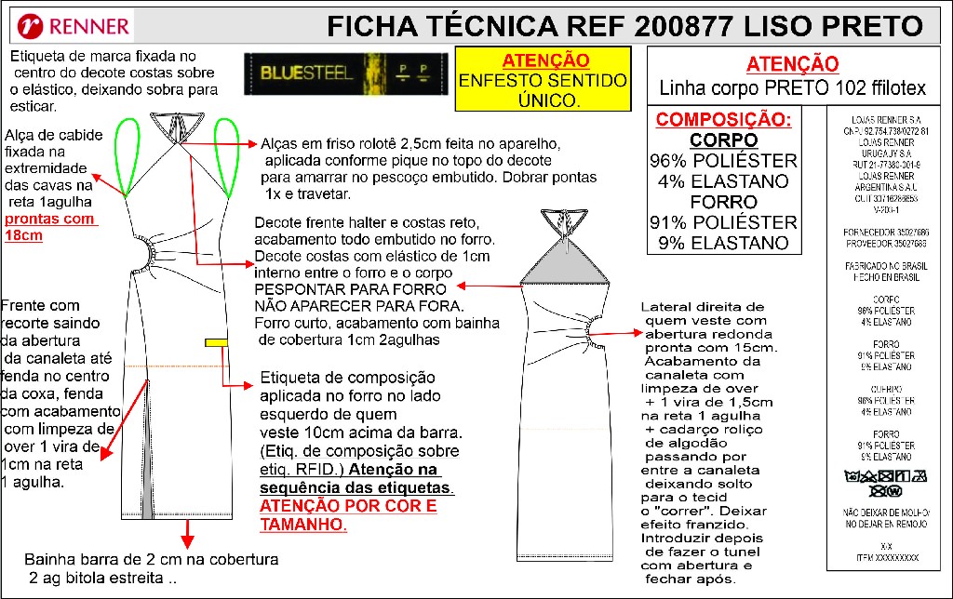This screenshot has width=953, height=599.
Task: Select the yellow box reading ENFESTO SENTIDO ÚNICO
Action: pyautogui.click(x=545, y=80)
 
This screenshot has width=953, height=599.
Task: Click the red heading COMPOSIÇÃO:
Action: pyautogui.click(x=723, y=120)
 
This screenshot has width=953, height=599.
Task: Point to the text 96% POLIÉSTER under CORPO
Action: pyautogui.click(x=723, y=161)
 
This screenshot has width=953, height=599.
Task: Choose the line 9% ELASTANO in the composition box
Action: pyautogui.click(x=723, y=243)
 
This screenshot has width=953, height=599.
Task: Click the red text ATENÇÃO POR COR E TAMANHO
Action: pyautogui.click(x=348, y=515)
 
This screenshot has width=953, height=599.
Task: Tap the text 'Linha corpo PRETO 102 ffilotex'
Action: pyautogui.click(x=792, y=89)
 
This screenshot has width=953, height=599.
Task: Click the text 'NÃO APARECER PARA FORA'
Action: pyautogui.click(x=358, y=305)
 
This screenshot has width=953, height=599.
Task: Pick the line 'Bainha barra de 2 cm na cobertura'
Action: pyautogui.click(x=152, y=560)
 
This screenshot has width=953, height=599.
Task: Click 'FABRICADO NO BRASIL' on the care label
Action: pyautogui.click(x=885, y=266)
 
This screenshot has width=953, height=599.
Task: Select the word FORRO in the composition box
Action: pyautogui.click(x=723, y=202)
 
